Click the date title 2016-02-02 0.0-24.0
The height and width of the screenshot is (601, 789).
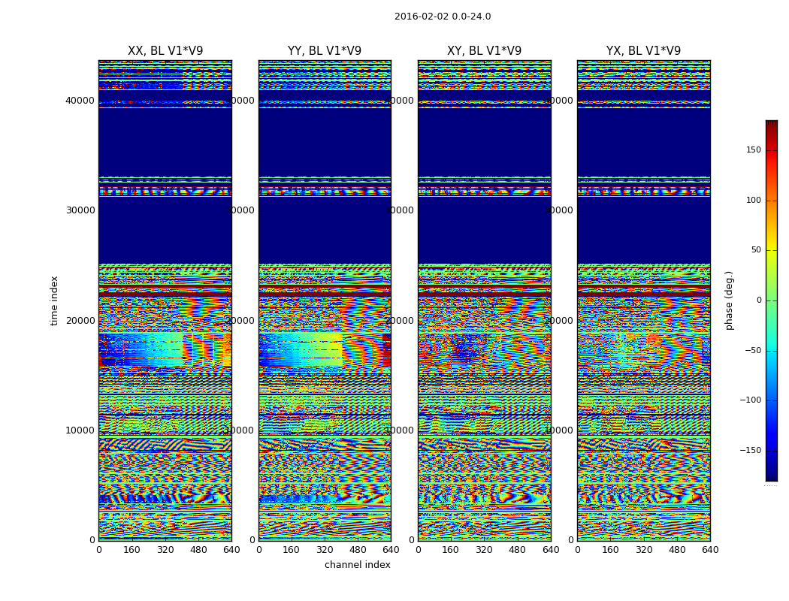443,17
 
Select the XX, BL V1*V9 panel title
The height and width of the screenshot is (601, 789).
165,51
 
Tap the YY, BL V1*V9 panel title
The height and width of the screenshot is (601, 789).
325,51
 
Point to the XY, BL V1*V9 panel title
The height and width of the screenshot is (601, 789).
484,51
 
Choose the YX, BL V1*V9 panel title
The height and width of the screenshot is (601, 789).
643,51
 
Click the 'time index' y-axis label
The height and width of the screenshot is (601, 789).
54,300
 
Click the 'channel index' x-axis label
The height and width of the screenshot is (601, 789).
358,565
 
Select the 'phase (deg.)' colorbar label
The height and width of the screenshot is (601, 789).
729,300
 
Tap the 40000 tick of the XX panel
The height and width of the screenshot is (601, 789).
80,101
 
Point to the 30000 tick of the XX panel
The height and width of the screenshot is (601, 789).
80,210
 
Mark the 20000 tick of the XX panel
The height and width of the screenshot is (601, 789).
80,320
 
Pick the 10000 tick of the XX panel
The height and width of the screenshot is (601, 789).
80,430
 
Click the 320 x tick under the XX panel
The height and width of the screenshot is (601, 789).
165,550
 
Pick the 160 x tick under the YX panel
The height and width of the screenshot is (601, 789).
610,550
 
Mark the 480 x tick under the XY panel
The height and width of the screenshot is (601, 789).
517,550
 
